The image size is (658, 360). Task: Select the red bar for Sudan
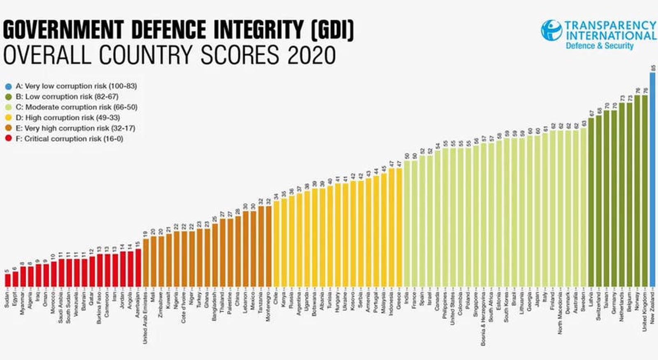[x=7, y=280]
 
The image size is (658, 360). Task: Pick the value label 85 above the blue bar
[x=653, y=68]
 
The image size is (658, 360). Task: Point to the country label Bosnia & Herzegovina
[x=484, y=318]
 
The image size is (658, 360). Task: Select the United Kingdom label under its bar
[x=645, y=311]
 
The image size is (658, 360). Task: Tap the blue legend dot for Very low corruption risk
[x=8, y=86]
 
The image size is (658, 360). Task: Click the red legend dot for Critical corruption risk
[x=8, y=139]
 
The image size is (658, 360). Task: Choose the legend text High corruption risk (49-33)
[x=68, y=118]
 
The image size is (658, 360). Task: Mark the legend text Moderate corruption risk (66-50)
[x=76, y=107]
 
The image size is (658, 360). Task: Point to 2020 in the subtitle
[x=311, y=55]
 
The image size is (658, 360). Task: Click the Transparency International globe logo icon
[x=551, y=30]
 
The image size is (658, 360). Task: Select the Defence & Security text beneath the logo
[x=600, y=46]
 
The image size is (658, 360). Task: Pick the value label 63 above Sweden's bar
[x=584, y=123]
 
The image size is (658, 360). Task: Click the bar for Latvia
[x=591, y=202]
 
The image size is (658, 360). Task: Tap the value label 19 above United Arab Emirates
[x=146, y=234]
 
